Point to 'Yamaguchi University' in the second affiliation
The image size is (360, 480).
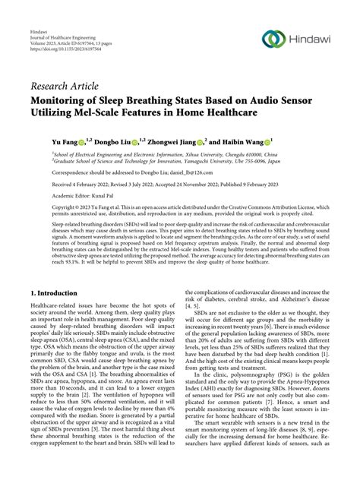pos(204,161)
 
